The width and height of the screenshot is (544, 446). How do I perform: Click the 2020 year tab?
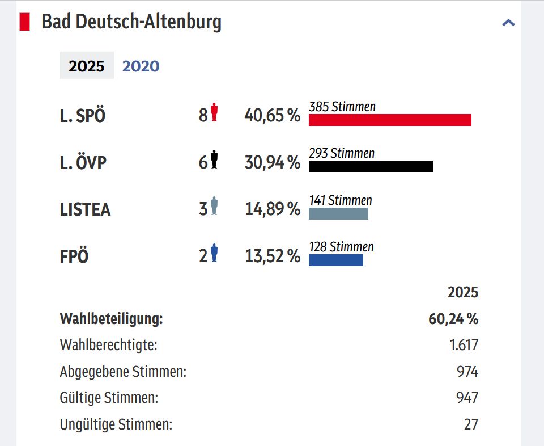(x=141, y=66)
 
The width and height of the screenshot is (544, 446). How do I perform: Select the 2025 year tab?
(x=87, y=66)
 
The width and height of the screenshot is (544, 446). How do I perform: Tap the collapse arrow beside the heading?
(x=508, y=23)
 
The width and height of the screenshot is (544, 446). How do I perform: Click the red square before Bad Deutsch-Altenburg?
(x=25, y=22)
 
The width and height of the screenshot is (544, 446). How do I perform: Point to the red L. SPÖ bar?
(x=390, y=120)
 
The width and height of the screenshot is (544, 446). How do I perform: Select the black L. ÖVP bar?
(x=371, y=166)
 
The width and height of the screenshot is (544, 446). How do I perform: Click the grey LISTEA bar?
(x=338, y=213)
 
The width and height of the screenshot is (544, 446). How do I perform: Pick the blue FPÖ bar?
(x=335, y=260)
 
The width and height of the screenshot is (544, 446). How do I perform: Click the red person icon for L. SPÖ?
(x=214, y=112)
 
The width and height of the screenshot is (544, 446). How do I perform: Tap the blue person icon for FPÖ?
(x=214, y=253)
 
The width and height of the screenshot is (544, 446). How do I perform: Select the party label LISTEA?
(x=85, y=209)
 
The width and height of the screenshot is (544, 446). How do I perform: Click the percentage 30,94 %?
(x=272, y=163)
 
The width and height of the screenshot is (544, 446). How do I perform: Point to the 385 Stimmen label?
(x=342, y=107)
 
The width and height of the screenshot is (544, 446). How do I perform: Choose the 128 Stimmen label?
(x=341, y=247)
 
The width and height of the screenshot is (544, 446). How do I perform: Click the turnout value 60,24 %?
(x=453, y=319)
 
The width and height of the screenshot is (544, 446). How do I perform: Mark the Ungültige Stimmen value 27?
(x=471, y=424)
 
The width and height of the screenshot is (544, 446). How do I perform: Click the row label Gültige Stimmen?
(x=109, y=398)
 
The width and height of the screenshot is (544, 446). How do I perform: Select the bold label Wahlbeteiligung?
(x=111, y=319)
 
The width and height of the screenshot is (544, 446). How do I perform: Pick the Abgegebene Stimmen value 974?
(x=467, y=372)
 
